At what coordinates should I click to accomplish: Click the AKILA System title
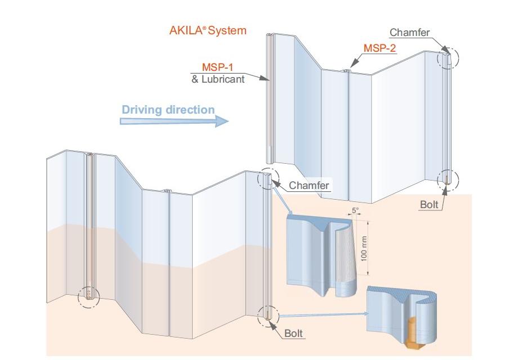(208, 30)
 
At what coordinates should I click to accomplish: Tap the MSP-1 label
(217, 67)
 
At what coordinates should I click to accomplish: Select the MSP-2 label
(379, 48)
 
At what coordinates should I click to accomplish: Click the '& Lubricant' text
(218, 79)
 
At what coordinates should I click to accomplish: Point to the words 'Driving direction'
(168, 110)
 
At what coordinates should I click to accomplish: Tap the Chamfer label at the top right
(410, 32)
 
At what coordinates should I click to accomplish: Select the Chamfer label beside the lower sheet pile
(309, 186)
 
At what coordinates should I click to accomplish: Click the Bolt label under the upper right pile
(429, 205)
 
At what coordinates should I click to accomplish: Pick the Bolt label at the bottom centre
(293, 333)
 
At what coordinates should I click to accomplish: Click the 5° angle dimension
(355, 210)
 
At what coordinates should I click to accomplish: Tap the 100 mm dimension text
(364, 249)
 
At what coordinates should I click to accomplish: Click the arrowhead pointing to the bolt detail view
(365, 314)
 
